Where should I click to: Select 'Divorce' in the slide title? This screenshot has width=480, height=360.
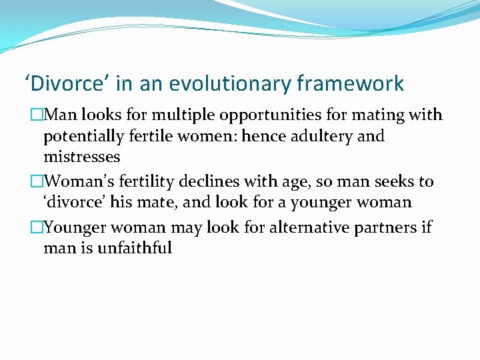pyautogui.click(x=65, y=84)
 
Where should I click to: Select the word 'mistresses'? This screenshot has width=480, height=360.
pyautogui.click(x=81, y=157)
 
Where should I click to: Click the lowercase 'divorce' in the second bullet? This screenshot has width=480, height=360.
pyautogui.click(x=72, y=202)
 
